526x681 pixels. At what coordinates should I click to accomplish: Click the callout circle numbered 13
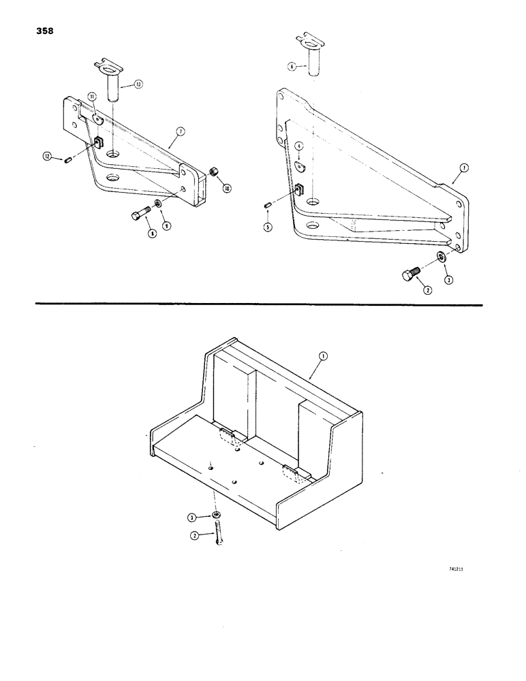(138, 84)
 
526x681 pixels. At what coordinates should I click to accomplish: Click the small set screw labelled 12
(68, 161)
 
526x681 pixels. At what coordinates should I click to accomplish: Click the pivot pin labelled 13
(114, 80)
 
